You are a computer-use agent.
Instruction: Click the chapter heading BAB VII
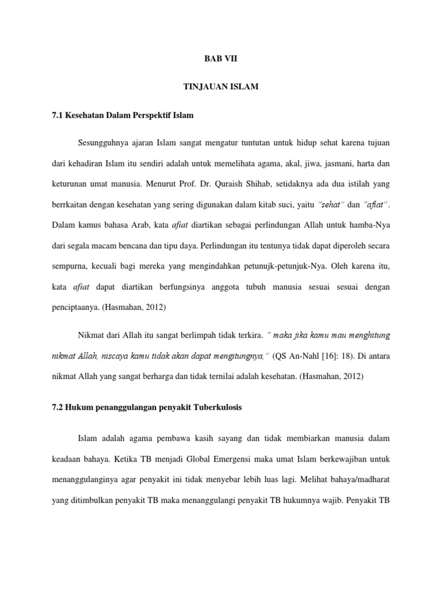[x=221, y=59]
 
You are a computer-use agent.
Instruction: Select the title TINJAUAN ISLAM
[x=221, y=87]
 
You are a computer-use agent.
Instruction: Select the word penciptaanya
[x=74, y=308]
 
